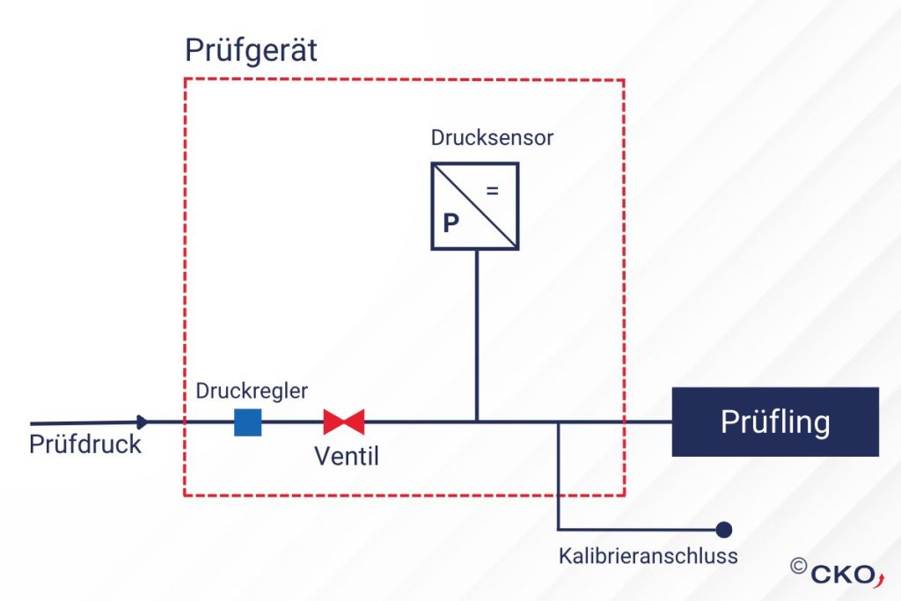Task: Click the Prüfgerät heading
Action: click(x=251, y=51)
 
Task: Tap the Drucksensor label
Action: click(x=492, y=138)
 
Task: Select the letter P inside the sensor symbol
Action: click(x=451, y=223)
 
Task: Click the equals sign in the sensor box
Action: click(x=493, y=191)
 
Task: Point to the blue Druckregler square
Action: click(x=247, y=422)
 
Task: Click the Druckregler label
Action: click(x=252, y=392)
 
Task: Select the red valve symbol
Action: click(x=344, y=421)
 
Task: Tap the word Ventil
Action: click(x=347, y=457)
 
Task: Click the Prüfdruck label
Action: click(x=85, y=444)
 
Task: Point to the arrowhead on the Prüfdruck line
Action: click(x=143, y=422)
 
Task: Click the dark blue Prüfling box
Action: click(x=775, y=421)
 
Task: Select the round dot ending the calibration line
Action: click(x=724, y=529)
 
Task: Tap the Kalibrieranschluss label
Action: click(x=648, y=556)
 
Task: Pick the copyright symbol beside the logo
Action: click(x=799, y=566)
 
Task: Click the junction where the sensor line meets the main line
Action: click(x=476, y=421)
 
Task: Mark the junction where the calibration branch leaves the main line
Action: click(x=557, y=421)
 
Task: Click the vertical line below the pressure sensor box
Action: click(x=476, y=335)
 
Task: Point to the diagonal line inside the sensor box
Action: click(x=475, y=206)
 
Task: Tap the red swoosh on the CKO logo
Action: click(x=880, y=579)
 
